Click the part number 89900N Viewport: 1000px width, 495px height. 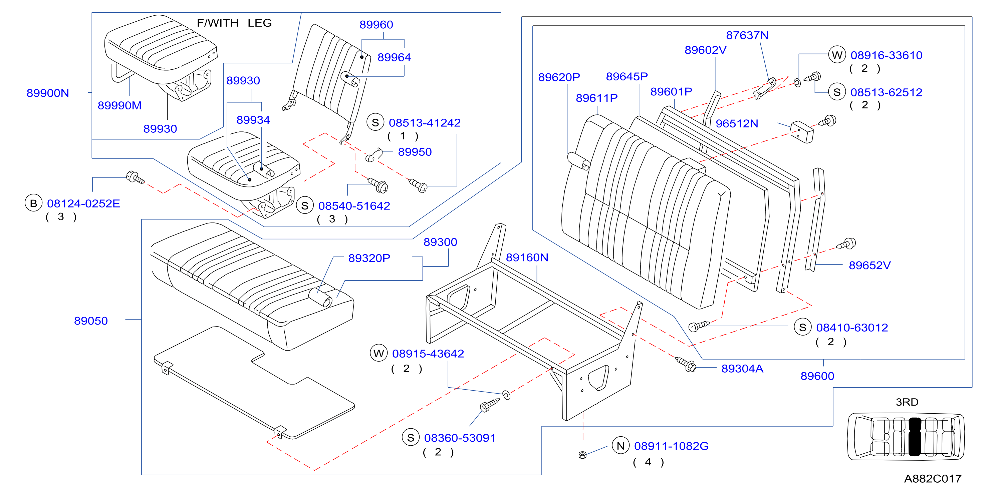point(48,93)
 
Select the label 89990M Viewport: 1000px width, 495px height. point(119,105)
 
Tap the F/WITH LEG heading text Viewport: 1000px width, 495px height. point(234,23)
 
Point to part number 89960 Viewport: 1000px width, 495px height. point(376,24)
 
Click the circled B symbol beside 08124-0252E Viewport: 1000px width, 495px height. point(33,203)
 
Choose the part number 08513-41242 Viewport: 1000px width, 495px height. point(425,123)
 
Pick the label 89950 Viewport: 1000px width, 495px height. point(415,152)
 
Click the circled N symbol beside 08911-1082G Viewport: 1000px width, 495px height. point(620,446)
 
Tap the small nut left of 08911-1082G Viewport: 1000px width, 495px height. point(582,455)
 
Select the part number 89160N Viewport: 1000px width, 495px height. point(527,258)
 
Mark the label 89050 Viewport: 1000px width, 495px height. point(91,321)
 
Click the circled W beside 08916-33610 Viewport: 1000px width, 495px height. point(837,55)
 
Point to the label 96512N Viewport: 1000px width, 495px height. point(737,123)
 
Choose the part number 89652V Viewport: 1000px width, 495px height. point(869,265)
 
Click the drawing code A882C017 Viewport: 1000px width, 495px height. point(933,479)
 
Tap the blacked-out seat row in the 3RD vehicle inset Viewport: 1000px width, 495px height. point(915,436)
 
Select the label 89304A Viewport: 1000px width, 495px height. point(742,369)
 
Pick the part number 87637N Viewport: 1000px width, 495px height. point(747,35)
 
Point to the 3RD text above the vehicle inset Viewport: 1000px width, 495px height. point(907,402)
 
